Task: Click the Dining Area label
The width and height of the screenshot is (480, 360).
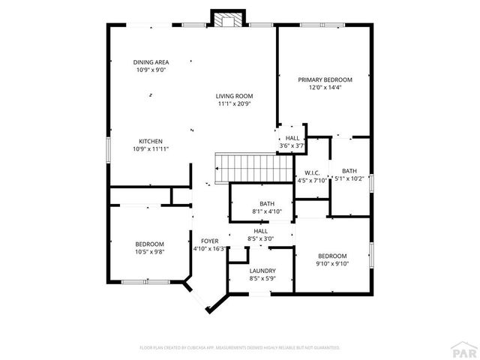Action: click(151, 62)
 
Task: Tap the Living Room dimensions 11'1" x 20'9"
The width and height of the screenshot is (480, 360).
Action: click(234, 103)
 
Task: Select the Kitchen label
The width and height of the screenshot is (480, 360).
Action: click(151, 141)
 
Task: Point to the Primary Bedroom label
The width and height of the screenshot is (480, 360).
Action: click(324, 79)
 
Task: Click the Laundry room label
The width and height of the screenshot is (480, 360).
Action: click(262, 271)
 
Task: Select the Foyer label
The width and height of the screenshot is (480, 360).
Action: click(209, 241)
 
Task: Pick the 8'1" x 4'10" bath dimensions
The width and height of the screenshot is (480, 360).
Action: click(267, 211)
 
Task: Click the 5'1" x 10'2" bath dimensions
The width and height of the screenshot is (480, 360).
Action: click(349, 178)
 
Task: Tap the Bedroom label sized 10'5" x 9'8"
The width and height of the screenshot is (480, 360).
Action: click(150, 252)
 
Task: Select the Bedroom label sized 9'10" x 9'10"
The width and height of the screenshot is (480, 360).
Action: click(331, 263)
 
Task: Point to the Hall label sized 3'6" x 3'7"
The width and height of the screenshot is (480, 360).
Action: click(292, 145)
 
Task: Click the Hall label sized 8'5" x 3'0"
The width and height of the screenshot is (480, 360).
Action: click(262, 240)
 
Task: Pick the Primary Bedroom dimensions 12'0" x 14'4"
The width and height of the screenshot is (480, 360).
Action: click(324, 87)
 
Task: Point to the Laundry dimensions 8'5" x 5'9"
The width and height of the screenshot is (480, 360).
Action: click(262, 279)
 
